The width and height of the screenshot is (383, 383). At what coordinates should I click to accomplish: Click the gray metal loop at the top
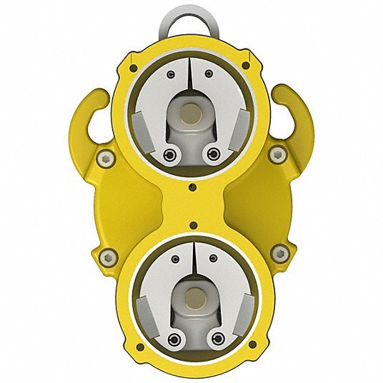(191, 19)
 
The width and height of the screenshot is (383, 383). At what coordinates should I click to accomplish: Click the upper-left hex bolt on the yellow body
(105, 159)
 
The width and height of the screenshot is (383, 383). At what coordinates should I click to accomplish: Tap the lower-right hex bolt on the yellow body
(279, 252)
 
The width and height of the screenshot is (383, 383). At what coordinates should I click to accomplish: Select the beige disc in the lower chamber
(191, 294)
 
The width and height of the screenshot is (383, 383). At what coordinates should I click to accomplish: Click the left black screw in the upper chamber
(169, 154)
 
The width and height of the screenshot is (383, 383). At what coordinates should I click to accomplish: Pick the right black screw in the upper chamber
(212, 154)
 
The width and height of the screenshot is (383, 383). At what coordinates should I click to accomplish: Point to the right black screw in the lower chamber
(212, 337)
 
